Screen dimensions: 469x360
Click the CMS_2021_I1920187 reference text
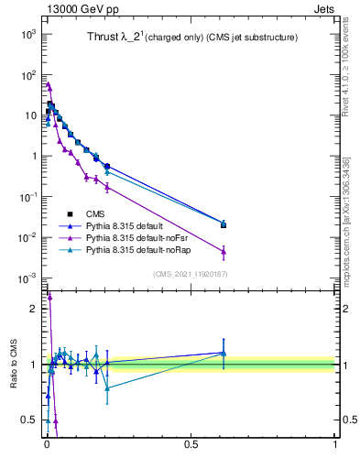point(191,274)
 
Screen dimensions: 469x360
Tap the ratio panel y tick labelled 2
point(33,309)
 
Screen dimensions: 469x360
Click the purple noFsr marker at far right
point(224,251)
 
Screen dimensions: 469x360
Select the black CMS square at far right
point(224,224)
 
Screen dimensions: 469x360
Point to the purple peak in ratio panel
point(49,297)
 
